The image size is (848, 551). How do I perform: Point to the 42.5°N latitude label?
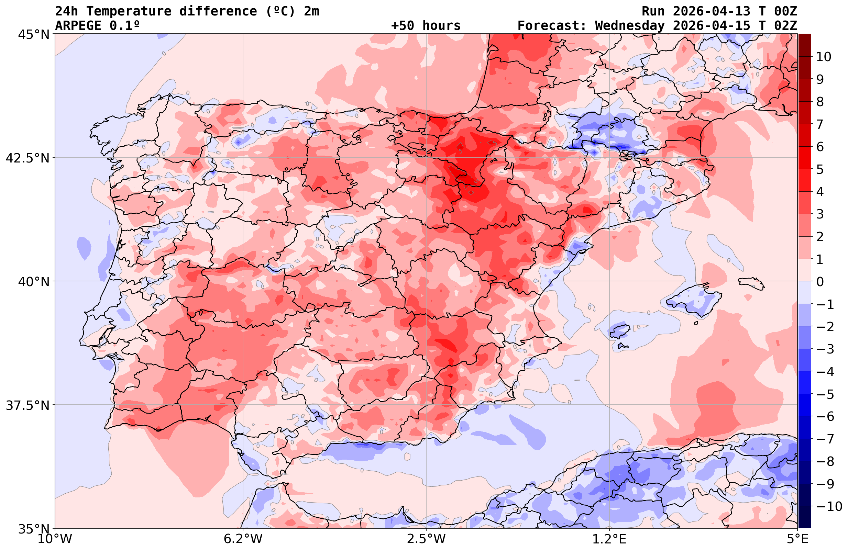pos(27,158)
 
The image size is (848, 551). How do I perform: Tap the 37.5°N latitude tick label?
pos(27,405)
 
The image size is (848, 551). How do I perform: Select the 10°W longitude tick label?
pos(55,539)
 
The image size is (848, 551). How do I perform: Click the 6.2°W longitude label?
pos(243,539)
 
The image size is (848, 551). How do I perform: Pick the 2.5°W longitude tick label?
pos(426,539)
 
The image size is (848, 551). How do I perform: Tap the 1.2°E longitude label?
pos(609,539)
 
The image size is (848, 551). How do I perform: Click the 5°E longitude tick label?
pos(797,539)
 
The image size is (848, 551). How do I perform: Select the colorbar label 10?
pos(824,57)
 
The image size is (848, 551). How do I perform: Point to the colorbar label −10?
pos(828,506)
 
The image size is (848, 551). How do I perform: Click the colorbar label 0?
pos(820,282)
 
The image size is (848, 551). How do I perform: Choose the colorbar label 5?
pos(820,169)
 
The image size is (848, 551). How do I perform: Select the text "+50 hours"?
pos(426,26)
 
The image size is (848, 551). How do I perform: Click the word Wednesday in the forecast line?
pos(630,26)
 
